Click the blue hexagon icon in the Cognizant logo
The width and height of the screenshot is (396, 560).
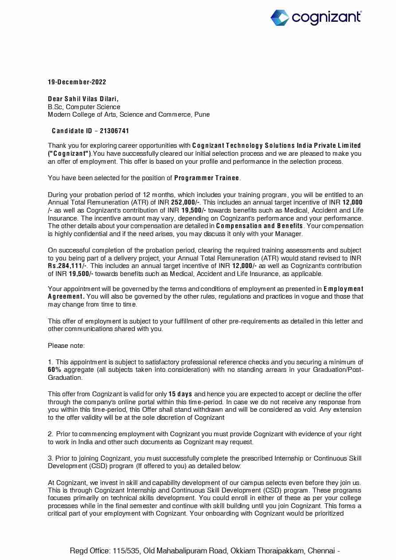coord(280,18)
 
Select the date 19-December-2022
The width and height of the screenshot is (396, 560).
coord(77,82)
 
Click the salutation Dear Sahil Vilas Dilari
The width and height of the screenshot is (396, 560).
coord(83,99)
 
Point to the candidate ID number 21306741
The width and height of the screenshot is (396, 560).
coord(114,131)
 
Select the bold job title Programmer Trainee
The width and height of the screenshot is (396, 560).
coord(207,178)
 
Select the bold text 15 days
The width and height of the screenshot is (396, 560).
coord(180,394)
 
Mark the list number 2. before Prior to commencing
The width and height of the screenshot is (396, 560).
coord(51,434)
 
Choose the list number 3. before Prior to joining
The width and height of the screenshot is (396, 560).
coord(51,458)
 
